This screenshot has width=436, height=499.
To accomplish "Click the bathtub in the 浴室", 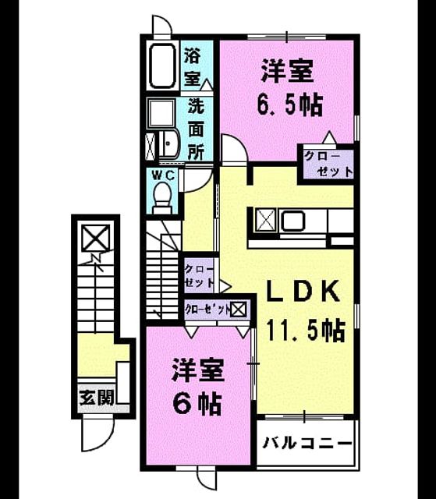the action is [163, 66].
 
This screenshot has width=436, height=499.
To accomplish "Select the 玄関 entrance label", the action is [97, 398].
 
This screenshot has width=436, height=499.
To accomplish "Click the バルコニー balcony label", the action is [308, 443].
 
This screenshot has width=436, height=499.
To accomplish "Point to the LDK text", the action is [303, 291].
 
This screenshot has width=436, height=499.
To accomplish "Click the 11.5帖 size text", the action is [306, 331].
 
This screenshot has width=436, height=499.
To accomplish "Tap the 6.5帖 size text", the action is [290, 104].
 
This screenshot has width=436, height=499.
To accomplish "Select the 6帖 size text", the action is [197, 403].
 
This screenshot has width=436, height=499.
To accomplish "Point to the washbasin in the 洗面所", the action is [169, 145].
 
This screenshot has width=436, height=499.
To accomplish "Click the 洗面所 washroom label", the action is [196, 129].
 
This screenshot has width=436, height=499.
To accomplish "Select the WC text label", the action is [163, 175].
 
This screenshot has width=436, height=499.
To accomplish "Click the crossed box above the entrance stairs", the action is [96, 238].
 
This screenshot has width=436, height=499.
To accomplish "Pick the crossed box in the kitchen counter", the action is [267, 220].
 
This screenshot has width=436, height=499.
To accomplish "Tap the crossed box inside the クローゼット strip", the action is [239, 310].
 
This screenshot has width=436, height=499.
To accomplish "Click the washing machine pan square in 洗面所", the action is [161, 114].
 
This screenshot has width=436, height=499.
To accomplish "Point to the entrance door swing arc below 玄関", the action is [98, 435].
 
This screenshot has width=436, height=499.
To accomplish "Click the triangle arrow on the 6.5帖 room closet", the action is [328, 137].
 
